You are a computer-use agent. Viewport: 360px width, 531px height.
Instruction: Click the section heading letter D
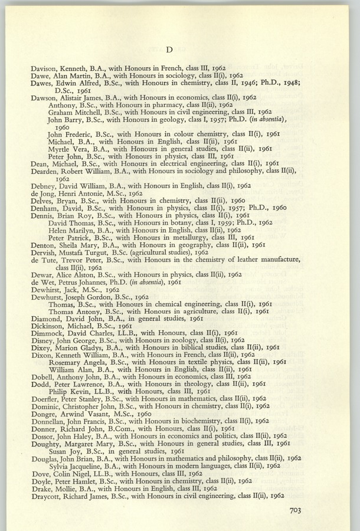pyautogui.click(x=168, y=49)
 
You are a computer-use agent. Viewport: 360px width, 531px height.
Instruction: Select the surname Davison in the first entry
pyautogui.click(x=45, y=68)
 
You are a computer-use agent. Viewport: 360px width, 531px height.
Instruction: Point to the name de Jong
pyautogui.click(x=43, y=193)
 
